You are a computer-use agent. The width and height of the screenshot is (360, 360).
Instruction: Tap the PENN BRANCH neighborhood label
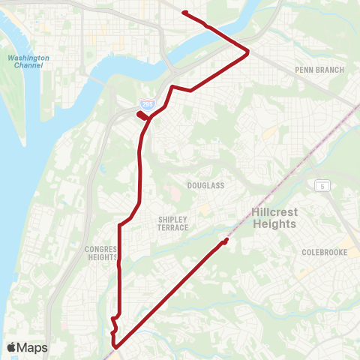click(319, 70)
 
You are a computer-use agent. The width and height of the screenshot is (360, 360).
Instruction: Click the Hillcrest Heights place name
click(274, 218)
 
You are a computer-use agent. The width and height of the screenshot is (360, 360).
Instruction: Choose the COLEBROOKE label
click(323, 253)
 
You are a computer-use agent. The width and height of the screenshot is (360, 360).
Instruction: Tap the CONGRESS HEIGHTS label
click(103, 253)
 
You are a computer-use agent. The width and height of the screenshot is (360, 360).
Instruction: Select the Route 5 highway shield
click(324, 185)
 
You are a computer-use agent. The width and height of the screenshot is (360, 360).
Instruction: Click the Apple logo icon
click(12, 347)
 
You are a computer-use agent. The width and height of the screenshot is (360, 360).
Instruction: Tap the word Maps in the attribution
click(32, 347)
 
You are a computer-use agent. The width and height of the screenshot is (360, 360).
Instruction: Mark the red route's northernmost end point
click(184, 13)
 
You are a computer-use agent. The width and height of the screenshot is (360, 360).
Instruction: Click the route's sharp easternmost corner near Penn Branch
click(248, 51)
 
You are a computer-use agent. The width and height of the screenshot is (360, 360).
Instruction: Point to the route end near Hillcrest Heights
click(226, 240)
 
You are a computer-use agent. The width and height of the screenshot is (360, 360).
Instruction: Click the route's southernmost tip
click(115, 346)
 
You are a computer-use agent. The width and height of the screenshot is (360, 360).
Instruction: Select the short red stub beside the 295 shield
click(140, 115)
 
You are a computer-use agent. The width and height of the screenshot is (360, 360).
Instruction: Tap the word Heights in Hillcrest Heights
click(274, 224)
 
